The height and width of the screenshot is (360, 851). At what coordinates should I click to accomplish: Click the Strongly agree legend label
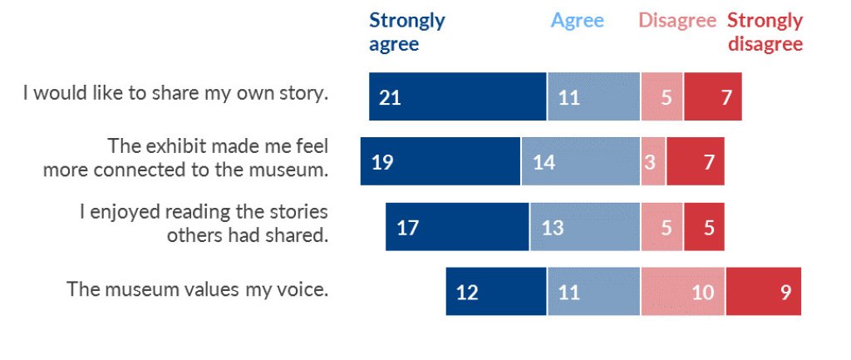[406, 32]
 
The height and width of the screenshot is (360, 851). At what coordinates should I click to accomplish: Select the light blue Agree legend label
[577, 21]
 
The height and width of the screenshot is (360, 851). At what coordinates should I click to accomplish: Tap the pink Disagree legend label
[676, 21]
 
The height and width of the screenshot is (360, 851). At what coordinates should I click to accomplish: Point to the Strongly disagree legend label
[765, 32]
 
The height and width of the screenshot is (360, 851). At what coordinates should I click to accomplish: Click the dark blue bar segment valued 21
[458, 96]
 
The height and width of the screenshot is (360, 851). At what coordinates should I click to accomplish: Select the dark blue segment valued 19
[440, 161]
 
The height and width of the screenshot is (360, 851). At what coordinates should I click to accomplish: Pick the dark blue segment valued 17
[457, 226]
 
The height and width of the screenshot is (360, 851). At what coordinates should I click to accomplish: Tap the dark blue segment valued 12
[496, 291]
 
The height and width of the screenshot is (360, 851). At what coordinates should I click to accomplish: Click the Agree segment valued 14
[581, 161]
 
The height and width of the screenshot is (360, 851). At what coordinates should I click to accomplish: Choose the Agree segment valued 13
[585, 226]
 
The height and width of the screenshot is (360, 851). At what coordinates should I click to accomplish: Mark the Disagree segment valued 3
[653, 161]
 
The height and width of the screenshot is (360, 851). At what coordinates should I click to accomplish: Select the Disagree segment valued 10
[683, 291]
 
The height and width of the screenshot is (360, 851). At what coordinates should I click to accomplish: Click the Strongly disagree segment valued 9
[764, 291]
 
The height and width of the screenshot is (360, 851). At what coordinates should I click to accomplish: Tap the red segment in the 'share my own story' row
[713, 96]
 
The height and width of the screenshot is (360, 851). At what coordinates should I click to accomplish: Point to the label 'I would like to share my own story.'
[175, 93]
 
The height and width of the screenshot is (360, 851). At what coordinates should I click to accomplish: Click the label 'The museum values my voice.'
[198, 289]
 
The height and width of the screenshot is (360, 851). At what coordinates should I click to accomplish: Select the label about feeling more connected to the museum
[186, 158]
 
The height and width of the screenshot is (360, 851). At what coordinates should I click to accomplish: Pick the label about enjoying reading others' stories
[204, 223]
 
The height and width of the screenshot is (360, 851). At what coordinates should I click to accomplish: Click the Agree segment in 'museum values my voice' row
[593, 291]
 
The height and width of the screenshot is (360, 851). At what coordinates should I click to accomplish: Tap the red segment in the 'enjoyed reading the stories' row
[704, 226]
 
